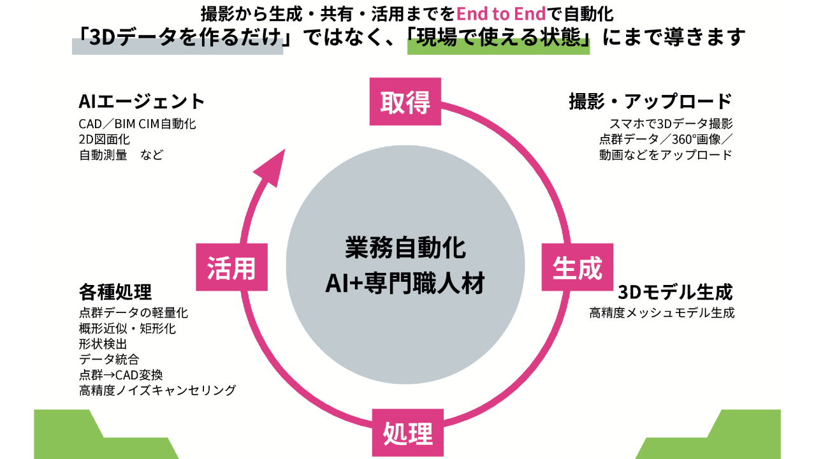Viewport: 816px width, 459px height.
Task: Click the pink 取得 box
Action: click(x=405, y=101)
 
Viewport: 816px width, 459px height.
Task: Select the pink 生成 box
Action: click(x=578, y=267)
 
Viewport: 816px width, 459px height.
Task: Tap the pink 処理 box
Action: click(x=408, y=433)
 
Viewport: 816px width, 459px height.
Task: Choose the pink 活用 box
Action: click(x=231, y=267)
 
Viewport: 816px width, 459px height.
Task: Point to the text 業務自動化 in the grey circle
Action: click(x=405, y=248)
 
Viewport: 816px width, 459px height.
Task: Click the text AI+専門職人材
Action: click(x=405, y=282)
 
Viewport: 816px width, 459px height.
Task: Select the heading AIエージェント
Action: click(x=142, y=101)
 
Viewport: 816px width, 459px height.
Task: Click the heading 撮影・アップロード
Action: click(x=650, y=101)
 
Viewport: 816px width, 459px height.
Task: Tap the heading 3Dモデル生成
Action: click(x=675, y=293)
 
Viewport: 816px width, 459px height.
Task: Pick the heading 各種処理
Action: click(x=115, y=293)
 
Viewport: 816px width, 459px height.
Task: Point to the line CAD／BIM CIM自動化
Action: click(x=137, y=124)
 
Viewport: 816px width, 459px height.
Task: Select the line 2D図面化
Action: click(x=105, y=139)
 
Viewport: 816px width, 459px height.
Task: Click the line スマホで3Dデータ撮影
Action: click(x=671, y=124)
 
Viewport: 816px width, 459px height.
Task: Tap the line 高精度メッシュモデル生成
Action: click(x=662, y=313)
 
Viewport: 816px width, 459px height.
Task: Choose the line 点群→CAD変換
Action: click(x=120, y=375)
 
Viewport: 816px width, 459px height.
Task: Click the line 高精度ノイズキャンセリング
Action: click(x=157, y=390)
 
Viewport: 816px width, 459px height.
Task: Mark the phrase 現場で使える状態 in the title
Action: click(x=498, y=38)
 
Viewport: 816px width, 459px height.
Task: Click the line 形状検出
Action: click(x=103, y=344)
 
